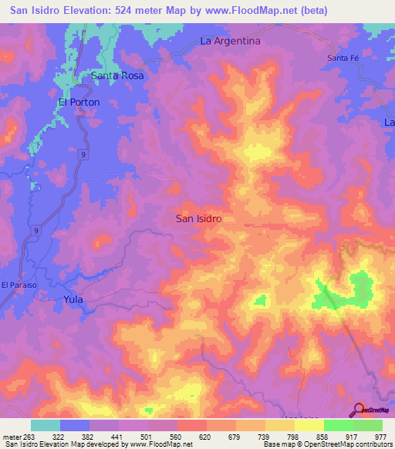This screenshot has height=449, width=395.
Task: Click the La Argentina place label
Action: pyautogui.click(x=231, y=40)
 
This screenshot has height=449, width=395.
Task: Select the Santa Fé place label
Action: pyautogui.click(x=343, y=59)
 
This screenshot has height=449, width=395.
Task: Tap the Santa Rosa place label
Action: pyautogui.click(x=118, y=76)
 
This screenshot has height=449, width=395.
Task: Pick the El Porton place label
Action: pyautogui.click(x=80, y=102)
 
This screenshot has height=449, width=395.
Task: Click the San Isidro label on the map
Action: pyautogui.click(x=199, y=218)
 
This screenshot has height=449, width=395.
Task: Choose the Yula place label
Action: pyautogui.click(x=73, y=299)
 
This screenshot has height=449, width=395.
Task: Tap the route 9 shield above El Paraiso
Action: pyautogui.click(x=35, y=231)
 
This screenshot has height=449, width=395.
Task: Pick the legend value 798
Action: pyautogui.click(x=292, y=437)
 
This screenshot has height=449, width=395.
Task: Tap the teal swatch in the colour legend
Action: pyautogui.click(x=46, y=425)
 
